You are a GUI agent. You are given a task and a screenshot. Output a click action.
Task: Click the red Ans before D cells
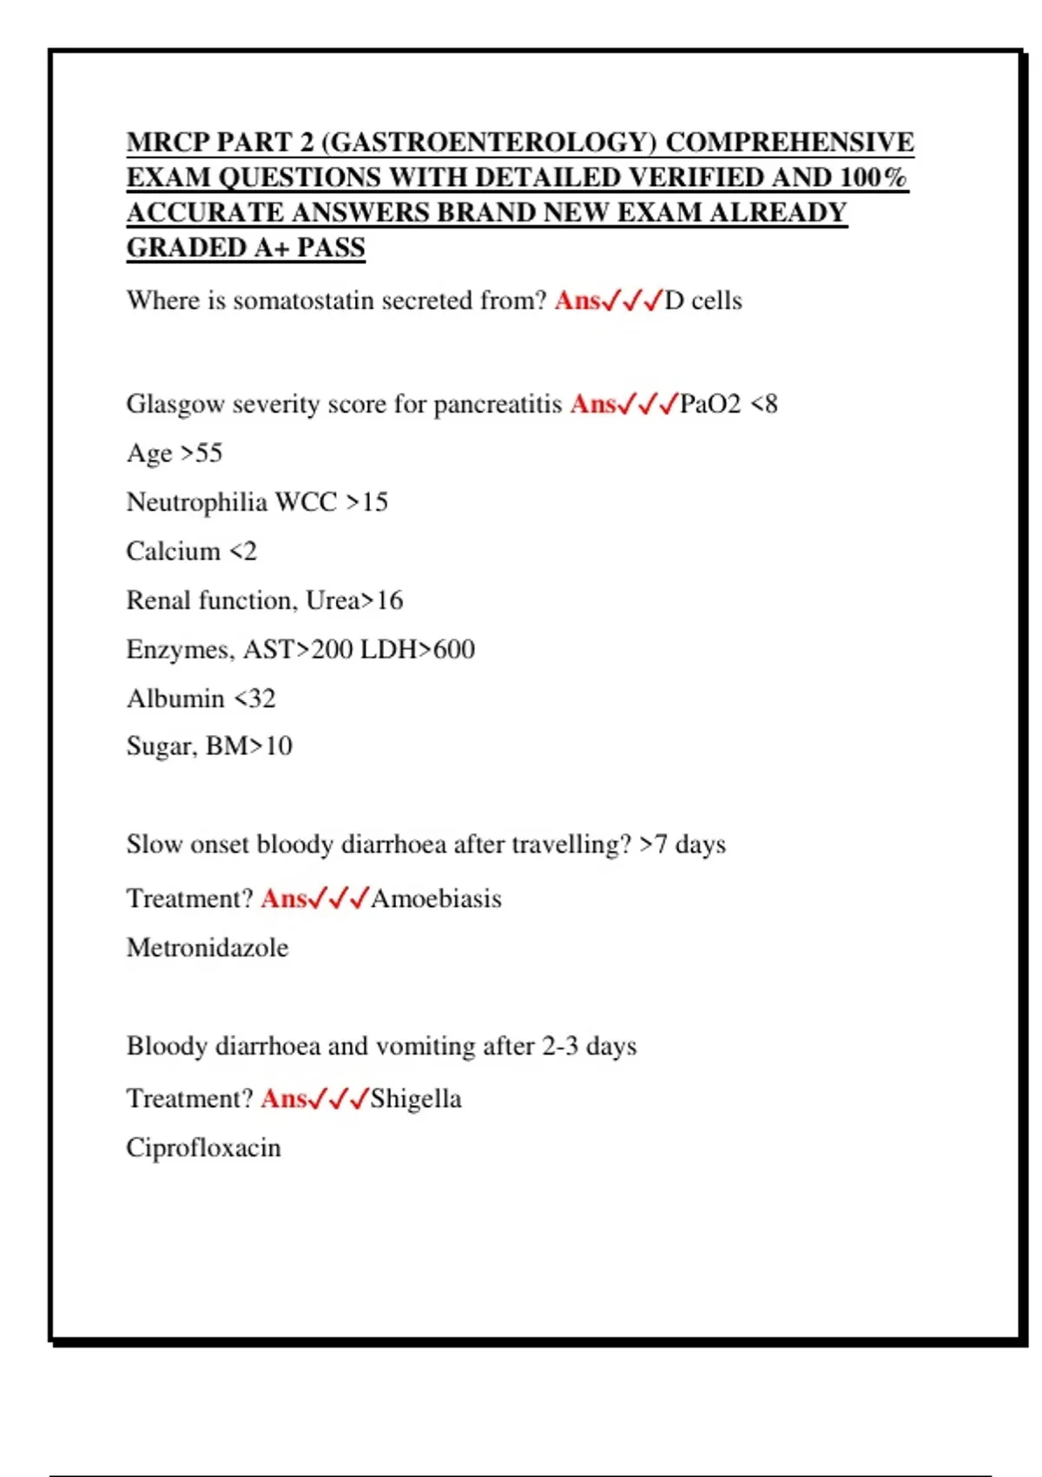tap(577, 301)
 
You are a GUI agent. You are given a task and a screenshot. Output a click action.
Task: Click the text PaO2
tap(710, 404)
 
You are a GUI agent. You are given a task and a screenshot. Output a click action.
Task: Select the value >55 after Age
tap(201, 454)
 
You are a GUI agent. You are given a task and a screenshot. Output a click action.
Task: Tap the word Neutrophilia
tap(197, 502)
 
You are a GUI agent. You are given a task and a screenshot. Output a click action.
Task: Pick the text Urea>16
tap(354, 600)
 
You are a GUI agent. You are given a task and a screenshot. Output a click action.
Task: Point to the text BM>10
tap(249, 746)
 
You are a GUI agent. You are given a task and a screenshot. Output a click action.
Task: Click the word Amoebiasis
tap(437, 898)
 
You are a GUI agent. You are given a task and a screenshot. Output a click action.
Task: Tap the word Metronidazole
tap(208, 948)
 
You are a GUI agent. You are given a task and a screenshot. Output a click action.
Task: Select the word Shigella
tap(416, 1099)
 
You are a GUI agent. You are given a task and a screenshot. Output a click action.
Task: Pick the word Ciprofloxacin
tap(204, 1149)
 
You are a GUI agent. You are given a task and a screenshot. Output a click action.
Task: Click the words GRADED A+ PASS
tap(246, 248)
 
